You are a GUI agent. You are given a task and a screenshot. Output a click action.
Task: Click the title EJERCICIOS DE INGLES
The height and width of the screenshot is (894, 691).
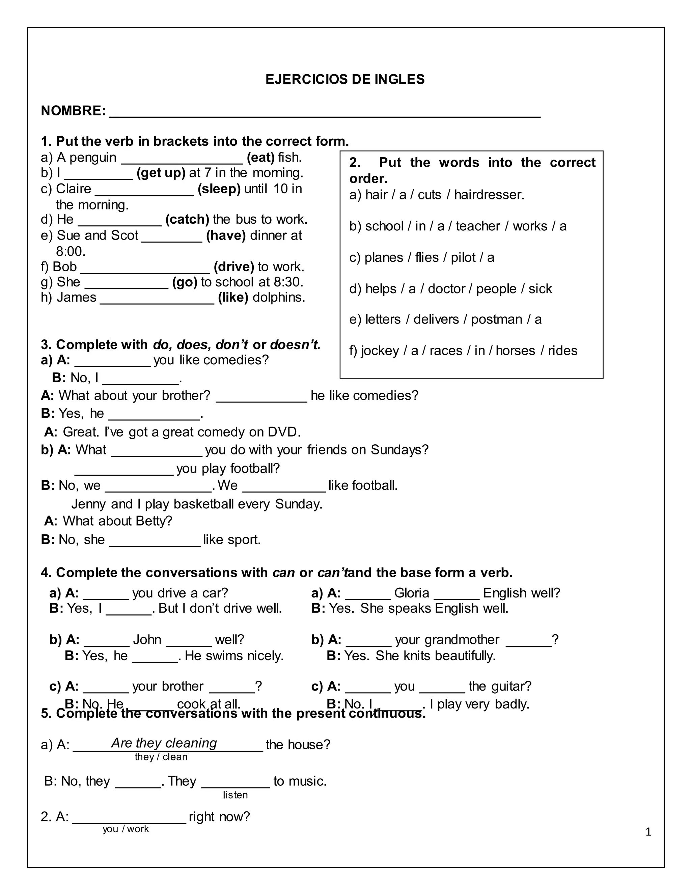[345, 79]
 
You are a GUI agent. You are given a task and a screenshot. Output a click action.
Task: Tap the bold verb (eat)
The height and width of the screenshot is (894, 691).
[260, 158]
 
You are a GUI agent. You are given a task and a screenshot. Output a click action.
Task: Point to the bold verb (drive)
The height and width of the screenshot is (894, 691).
[234, 267]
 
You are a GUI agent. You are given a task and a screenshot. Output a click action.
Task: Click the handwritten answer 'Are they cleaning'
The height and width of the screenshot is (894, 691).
[164, 743]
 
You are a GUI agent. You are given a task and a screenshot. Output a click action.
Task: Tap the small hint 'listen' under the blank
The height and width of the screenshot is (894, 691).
[236, 795]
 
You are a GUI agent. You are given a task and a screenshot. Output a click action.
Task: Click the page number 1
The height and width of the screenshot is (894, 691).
[648, 832]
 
